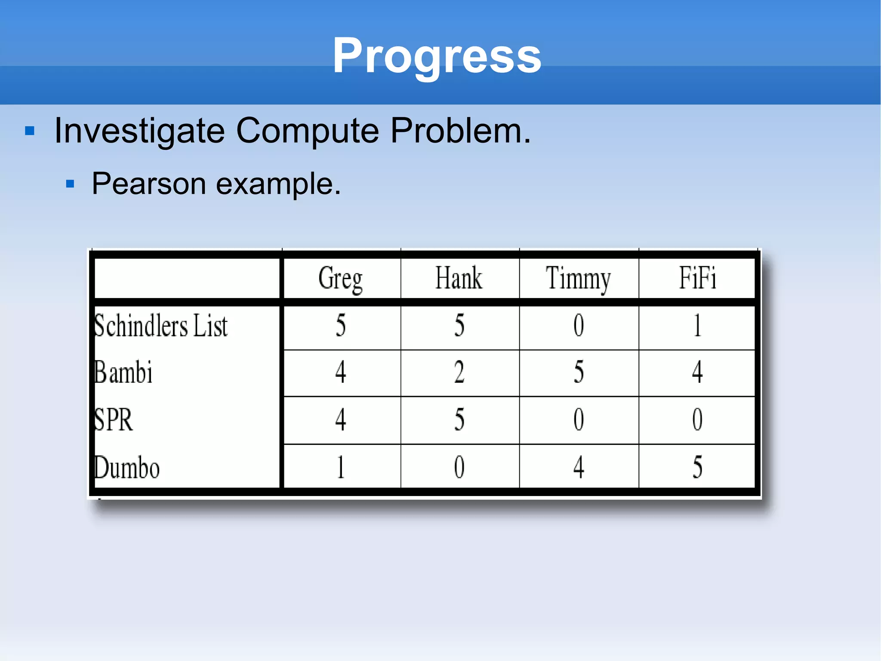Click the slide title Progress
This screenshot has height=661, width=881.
click(437, 56)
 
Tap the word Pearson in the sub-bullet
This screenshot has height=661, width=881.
click(149, 184)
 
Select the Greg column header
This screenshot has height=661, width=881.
click(340, 278)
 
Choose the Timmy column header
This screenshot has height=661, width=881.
click(578, 278)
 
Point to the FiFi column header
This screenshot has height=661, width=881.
click(697, 278)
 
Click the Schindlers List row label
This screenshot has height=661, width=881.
click(160, 326)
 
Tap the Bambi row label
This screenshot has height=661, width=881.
click(123, 372)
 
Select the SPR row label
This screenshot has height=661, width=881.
click(113, 419)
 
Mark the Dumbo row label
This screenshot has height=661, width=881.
click(127, 468)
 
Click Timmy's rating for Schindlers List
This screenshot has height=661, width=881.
click(579, 326)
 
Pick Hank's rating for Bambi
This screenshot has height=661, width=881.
click(459, 372)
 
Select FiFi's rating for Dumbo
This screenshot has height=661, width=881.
click(697, 467)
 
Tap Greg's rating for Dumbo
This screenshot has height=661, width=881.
click(341, 467)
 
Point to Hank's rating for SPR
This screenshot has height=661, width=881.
click(459, 419)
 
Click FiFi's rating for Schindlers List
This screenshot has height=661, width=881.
click(697, 326)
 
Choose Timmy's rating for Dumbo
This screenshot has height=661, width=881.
click(579, 467)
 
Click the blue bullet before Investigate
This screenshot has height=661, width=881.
click(30, 131)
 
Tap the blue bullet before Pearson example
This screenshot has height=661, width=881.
click(70, 185)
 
